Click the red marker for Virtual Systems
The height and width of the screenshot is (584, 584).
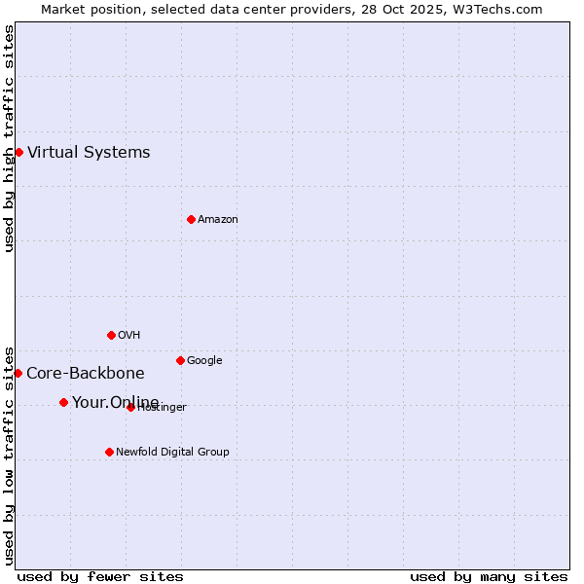click(x=18, y=152)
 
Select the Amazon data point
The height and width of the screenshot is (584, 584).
click(x=191, y=219)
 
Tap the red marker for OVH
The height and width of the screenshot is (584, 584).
click(x=111, y=335)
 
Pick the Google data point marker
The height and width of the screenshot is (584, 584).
click(x=180, y=360)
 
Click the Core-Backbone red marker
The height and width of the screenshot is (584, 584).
click(x=18, y=373)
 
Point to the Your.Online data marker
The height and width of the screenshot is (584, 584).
click(x=63, y=402)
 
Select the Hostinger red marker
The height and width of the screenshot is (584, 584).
click(x=130, y=407)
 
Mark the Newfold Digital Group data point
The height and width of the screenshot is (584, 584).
click(x=109, y=452)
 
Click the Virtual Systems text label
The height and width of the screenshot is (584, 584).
click(x=89, y=152)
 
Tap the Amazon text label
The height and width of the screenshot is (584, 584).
click(x=218, y=219)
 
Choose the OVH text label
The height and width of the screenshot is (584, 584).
click(x=129, y=335)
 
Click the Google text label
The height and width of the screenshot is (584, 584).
click(x=204, y=360)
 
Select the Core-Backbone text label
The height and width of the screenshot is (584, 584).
click(x=86, y=373)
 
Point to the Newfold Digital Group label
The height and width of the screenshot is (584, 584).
click(x=172, y=452)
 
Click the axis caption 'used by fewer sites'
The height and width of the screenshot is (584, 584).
click(x=100, y=576)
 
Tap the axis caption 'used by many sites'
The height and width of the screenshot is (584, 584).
click(x=489, y=576)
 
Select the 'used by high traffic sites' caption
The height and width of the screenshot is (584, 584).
click(x=9, y=138)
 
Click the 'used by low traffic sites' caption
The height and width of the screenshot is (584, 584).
click(x=9, y=455)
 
